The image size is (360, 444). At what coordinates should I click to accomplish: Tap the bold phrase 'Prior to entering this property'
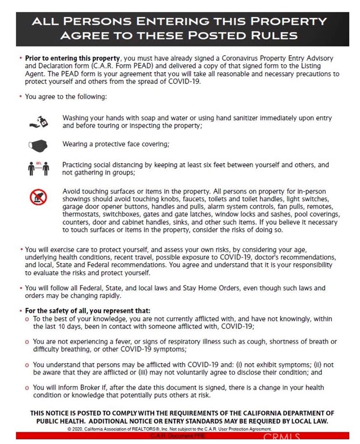pyautogui.click(x=73, y=59)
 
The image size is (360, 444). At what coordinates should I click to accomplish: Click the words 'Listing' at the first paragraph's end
pyautogui.click(x=321, y=66)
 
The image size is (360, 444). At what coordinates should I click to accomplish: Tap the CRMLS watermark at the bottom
pyautogui.click(x=281, y=437)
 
